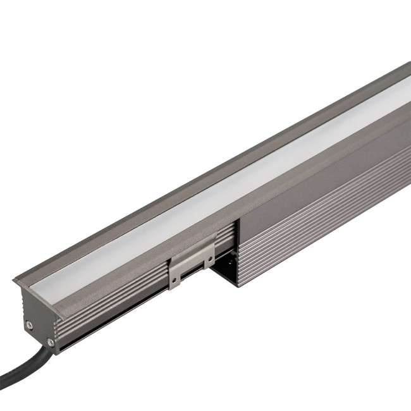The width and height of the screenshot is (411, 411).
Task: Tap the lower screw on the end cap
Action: [x=50, y=343]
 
